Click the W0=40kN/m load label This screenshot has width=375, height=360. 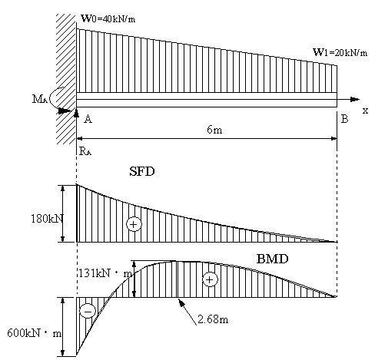coord(108,18)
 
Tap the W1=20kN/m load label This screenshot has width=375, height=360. coord(340,52)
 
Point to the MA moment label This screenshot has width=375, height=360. coord(40,99)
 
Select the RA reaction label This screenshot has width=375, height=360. coord(85,151)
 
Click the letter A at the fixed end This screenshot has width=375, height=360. coord(88,119)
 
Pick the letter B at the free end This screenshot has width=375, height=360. coord(345,119)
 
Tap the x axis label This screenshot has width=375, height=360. coord(365,111)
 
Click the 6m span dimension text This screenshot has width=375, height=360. coord(214,130)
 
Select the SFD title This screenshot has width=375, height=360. coord(142,171)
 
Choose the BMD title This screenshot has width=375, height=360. coord(272,259)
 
